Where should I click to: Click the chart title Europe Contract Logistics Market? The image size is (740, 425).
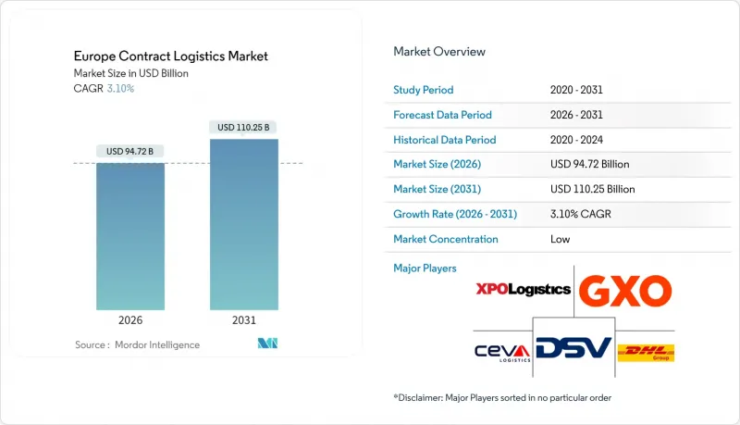pos(171,56)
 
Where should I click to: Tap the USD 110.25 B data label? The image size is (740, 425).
pos(243,127)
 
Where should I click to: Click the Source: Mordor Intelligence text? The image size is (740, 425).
pos(137,344)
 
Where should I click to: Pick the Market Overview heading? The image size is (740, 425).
pos(439,52)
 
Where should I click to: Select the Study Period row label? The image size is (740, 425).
pos(425,90)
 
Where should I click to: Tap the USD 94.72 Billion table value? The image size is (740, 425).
pos(589,164)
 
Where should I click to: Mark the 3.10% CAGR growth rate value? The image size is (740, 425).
pos(580,214)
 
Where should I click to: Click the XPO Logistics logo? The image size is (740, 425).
pos(523,289)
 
